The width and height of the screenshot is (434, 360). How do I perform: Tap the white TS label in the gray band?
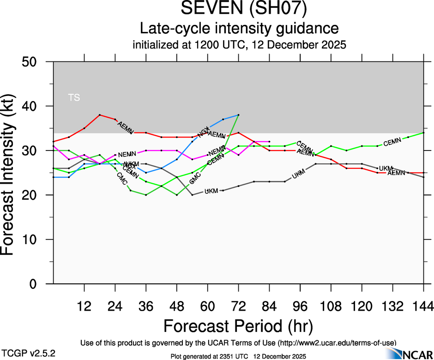click(x=74, y=97)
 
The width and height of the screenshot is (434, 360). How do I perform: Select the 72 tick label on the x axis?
click(x=238, y=306)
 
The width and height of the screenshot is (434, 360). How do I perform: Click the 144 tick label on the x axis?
click(x=422, y=306)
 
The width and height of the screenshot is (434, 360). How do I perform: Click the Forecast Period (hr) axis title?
click(x=238, y=326)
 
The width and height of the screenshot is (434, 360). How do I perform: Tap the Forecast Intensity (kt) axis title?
click(x=12, y=173)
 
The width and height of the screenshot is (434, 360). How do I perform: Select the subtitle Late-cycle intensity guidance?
click(x=240, y=29)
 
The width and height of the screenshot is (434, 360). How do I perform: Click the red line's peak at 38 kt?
click(x=100, y=115)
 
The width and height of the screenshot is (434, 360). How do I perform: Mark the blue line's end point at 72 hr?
click(x=238, y=115)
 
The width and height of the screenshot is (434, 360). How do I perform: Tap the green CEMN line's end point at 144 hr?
click(x=423, y=133)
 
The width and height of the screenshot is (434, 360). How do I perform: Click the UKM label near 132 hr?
click(x=386, y=168)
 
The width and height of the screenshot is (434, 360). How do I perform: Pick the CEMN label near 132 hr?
click(x=392, y=142)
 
